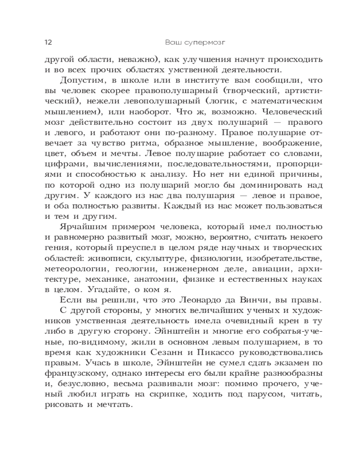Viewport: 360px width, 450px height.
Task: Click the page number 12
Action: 48,43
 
